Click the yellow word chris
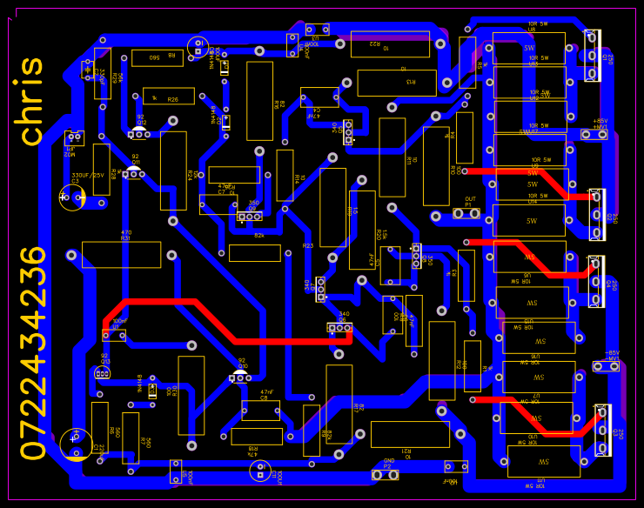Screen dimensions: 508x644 tap(32, 102)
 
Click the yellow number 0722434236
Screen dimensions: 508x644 tap(33, 353)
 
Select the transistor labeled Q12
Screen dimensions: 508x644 tap(138, 134)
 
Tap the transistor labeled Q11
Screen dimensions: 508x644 tap(133, 174)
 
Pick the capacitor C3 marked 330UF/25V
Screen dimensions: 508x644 tap(72, 197)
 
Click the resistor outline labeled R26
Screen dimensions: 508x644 tap(168, 96)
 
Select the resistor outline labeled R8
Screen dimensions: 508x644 tap(157, 58)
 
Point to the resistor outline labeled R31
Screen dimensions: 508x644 tap(121, 255)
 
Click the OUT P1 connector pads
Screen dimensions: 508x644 tap(470, 213)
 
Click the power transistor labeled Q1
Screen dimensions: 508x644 tap(594, 55)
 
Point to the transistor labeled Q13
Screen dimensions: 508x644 tap(102, 373)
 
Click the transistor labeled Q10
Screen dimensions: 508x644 tap(239, 377)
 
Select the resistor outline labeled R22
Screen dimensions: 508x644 tap(389, 43)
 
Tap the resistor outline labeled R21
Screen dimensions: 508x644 tap(409, 434)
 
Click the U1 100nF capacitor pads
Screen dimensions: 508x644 tap(114, 335)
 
